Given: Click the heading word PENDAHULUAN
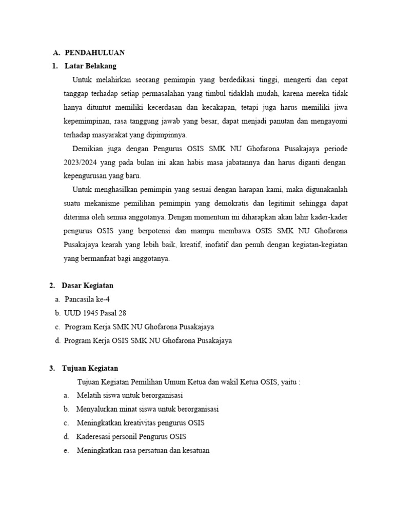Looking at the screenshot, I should (x=95, y=53).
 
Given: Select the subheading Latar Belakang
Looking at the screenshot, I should (x=91, y=66).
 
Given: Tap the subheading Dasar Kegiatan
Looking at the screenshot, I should (x=88, y=285).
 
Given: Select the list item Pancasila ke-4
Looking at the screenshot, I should (x=87, y=299).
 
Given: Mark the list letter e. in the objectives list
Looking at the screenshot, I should (x=67, y=451).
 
